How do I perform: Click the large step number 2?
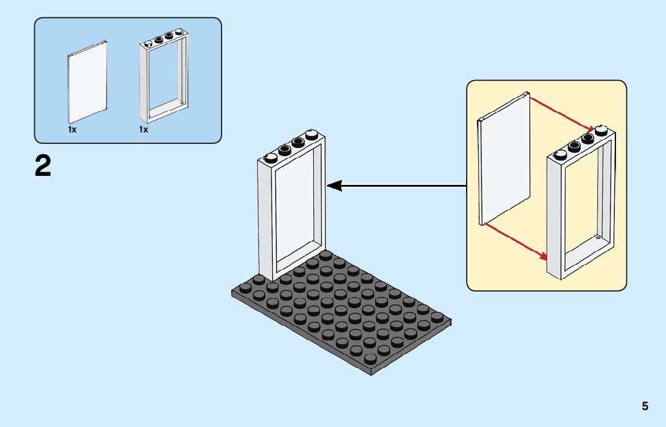(43, 166)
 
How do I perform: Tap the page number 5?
(645, 406)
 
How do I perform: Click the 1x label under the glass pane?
(72, 129)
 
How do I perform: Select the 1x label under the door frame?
(143, 129)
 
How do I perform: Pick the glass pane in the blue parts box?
(87, 82)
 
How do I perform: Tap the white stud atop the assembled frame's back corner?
(312, 134)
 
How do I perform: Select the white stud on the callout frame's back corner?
(600, 129)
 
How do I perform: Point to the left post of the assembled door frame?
(266, 223)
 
